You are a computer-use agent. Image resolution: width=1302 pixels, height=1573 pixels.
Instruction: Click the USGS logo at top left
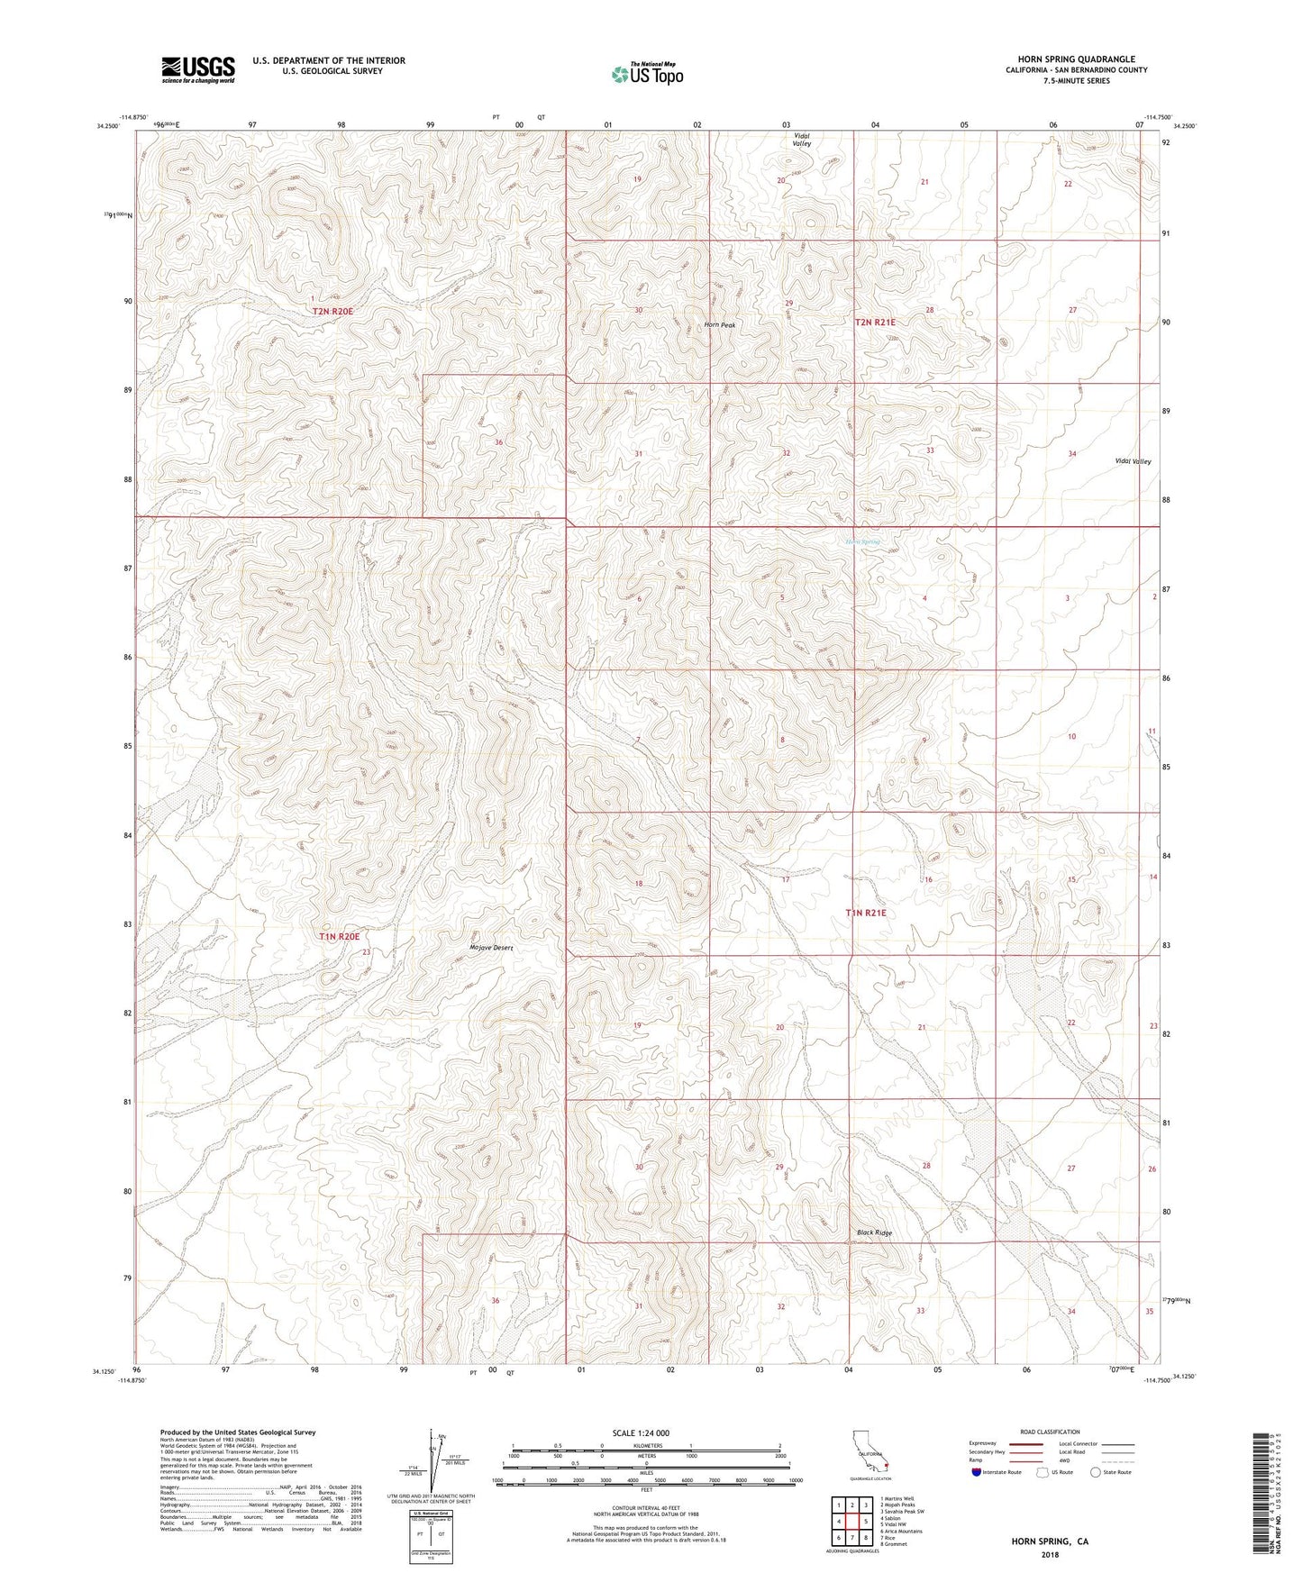point(198,69)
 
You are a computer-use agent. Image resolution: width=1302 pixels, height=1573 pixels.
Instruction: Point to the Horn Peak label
point(721,325)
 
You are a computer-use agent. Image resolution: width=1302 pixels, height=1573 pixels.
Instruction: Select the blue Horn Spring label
point(862,541)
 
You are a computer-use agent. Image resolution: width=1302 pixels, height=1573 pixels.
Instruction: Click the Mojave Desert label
point(491,948)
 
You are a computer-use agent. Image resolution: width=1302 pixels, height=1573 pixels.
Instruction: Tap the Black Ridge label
point(874,1232)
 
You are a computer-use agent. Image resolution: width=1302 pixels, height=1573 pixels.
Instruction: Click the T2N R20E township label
point(333,311)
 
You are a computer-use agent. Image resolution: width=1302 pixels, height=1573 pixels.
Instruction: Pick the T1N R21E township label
point(866,913)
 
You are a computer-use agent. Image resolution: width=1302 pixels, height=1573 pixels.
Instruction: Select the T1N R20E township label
point(345,937)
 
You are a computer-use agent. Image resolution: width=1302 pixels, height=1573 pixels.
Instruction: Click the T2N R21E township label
point(875,321)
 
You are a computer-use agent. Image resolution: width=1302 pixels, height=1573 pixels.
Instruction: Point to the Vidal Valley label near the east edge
point(1133,461)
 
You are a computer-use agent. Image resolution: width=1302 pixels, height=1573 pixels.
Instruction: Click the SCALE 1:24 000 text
point(641,1432)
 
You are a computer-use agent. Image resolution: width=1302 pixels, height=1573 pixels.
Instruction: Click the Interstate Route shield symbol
point(978,1472)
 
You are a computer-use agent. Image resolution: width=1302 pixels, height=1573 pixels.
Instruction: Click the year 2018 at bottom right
point(1049,1554)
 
